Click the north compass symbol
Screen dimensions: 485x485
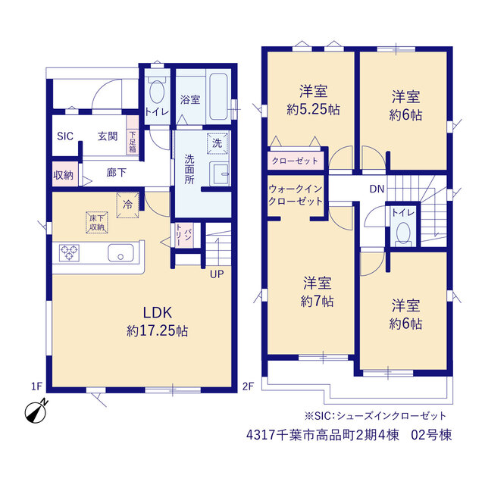(x=36, y=411)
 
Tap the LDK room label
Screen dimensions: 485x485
(x=157, y=313)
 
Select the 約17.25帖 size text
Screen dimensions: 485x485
(x=157, y=331)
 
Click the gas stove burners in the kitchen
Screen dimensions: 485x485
(x=69, y=252)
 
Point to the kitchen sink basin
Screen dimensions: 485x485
(x=120, y=252)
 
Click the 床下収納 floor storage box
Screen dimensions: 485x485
(x=97, y=222)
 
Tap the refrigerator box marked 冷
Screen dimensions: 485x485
(x=127, y=205)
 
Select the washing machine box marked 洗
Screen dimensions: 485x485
(x=217, y=143)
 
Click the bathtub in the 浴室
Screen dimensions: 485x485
(x=218, y=96)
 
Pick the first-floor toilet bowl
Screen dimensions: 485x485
(x=157, y=92)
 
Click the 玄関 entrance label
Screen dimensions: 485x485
(x=108, y=136)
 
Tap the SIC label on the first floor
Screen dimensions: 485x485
(x=65, y=136)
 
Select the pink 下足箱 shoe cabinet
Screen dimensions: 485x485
(x=133, y=135)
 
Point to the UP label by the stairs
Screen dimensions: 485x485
(x=217, y=274)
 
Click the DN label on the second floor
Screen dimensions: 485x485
(x=377, y=189)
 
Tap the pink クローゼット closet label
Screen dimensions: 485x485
(x=295, y=161)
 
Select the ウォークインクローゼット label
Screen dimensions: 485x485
(x=296, y=195)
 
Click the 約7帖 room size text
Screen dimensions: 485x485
(x=317, y=301)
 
